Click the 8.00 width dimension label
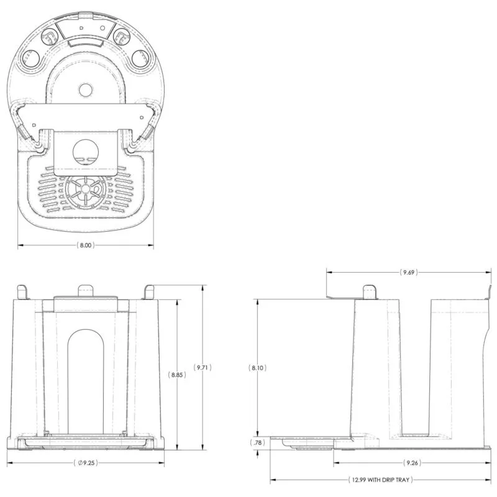pos(86,245)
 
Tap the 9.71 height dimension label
pos(203,367)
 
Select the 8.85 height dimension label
pos(176,375)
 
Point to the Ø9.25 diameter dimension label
pos(86,463)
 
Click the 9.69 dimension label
pos(409,272)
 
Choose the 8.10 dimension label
pos(257,368)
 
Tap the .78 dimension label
pos(257,442)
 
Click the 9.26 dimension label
pos(412,463)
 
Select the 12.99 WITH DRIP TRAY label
pos(380,480)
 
